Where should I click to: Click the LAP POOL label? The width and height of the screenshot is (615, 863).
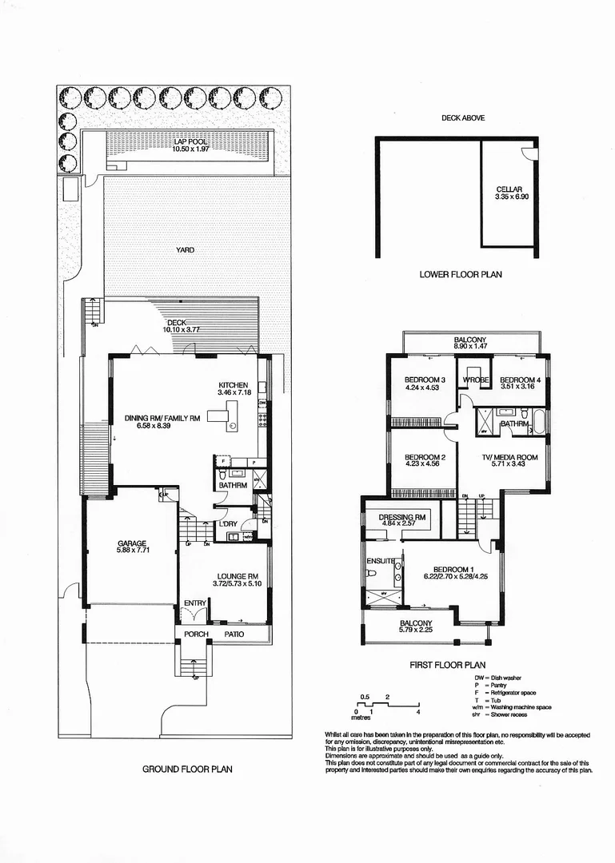[190, 141]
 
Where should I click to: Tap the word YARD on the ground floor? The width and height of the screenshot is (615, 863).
[186, 250]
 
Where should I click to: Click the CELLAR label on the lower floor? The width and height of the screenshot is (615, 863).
[509, 189]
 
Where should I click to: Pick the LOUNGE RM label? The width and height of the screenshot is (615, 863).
[236, 576]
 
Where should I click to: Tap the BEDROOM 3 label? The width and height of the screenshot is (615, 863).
[424, 380]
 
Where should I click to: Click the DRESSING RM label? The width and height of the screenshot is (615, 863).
[402, 518]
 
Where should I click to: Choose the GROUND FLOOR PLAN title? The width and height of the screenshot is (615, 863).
[187, 770]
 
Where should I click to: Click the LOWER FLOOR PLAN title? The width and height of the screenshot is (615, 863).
[460, 274]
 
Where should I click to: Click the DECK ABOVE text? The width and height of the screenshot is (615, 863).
[463, 118]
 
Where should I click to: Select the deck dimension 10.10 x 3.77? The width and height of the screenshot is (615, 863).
[182, 329]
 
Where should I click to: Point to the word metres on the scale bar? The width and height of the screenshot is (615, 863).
[365, 718]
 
